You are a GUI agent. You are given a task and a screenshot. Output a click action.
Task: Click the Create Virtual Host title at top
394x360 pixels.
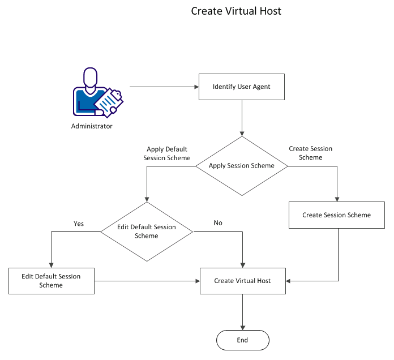coord(236,11)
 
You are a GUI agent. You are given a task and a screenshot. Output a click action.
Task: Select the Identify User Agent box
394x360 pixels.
coord(242,87)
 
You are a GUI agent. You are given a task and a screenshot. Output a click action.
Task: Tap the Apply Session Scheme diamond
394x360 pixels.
coord(242,166)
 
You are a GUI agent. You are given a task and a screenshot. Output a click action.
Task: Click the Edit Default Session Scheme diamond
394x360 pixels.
coord(147,231)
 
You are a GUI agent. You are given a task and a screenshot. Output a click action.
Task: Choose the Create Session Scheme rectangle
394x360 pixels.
coord(336,215)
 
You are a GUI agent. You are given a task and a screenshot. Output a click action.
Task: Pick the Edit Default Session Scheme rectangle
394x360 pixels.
coord(51,281)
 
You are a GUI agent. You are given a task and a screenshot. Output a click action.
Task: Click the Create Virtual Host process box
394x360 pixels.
coord(242,281)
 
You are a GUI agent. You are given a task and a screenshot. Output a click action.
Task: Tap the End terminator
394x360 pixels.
coord(242,340)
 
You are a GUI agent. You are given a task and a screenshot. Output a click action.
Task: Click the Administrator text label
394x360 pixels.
coord(92,126)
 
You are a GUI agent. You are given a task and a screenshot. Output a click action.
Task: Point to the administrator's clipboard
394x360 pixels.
coord(109,102)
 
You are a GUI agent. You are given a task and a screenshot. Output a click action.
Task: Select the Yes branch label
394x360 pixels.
coord(79,224)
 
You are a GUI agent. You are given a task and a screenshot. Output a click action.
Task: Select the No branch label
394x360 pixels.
coord(218,223)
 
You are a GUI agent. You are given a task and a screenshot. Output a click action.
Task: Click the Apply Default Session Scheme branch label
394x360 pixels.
coord(167,153)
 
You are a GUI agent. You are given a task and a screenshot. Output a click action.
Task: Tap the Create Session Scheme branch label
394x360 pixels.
coord(310,153)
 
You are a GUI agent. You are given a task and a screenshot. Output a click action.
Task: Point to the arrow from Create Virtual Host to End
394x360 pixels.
coord(242,312)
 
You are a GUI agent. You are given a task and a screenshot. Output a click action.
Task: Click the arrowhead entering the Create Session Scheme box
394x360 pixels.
coord(337,199)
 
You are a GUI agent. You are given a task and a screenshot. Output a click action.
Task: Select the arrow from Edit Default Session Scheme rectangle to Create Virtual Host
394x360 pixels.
coord(147,281)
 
